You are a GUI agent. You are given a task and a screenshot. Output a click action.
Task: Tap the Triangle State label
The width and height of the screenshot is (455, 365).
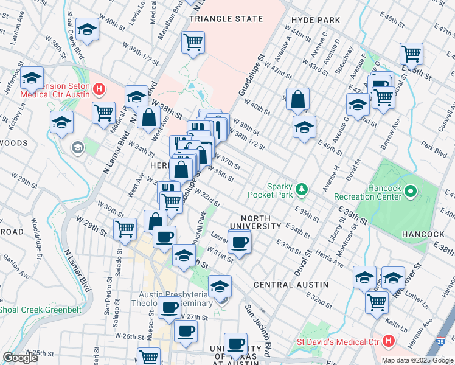tap(220, 19)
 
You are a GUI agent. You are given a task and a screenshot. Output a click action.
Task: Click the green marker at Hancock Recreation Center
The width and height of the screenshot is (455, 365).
tap(411, 193)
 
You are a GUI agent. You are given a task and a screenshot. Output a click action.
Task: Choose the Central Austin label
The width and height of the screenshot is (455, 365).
tap(291, 285)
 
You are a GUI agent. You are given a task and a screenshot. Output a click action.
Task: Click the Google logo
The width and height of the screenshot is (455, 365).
tap(20, 358)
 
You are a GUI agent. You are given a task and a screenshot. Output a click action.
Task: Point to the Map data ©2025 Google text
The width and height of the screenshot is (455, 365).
tap(417, 360)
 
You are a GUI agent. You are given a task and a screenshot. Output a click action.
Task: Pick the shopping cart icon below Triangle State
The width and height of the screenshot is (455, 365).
tap(193, 42)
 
